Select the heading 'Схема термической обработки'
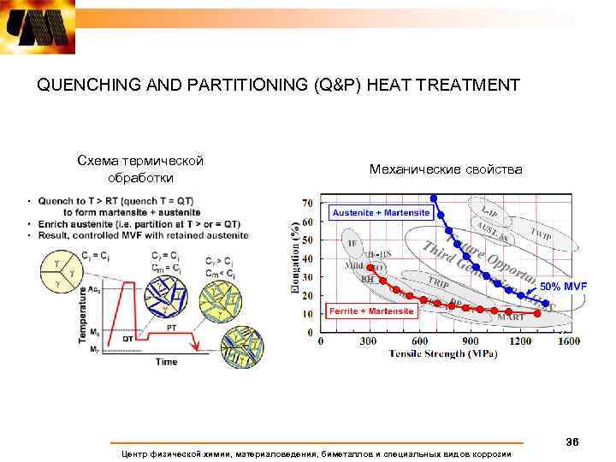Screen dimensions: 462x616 139,169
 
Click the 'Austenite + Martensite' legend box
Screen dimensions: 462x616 381,212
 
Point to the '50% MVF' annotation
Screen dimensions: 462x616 562,285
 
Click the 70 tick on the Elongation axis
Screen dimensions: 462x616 306,204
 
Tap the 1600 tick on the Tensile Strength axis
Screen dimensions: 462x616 568,341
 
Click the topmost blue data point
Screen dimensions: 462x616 434,198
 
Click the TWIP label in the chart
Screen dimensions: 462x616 540,233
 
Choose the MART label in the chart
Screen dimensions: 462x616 511,317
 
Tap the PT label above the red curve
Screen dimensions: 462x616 172,327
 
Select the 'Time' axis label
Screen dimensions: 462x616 166,362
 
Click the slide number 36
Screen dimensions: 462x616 572,441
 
